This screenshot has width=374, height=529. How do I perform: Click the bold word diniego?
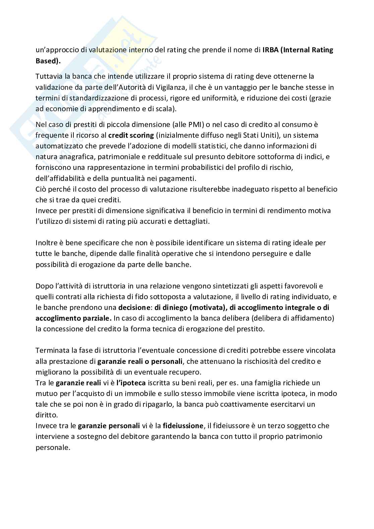tap(178, 307)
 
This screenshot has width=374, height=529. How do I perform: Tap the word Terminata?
tap(52, 350)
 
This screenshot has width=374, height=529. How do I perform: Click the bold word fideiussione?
tap(183, 425)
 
